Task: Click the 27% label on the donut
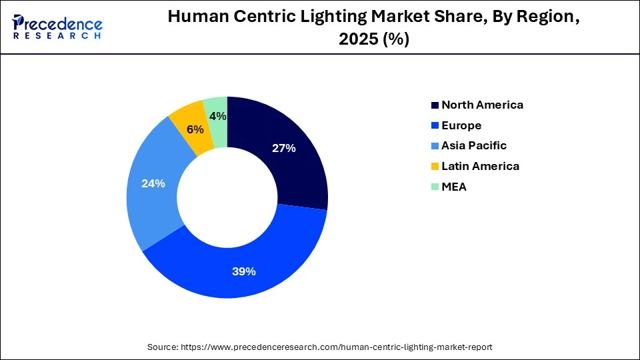click(283, 148)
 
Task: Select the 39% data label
click(244, 271)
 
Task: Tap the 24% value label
click(153, 183)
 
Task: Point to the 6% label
click(195, 129)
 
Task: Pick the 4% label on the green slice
click(217, 116)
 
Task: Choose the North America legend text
click(482, 105)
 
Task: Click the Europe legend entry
click(461, 125)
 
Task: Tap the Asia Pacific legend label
click(474, 145)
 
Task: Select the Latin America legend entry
click(480, 166)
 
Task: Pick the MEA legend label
click(454, 187)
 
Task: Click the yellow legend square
click(435, 166)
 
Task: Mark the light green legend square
click(435, 187)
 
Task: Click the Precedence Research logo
click(57, 27)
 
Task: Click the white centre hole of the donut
click(227, 197)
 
